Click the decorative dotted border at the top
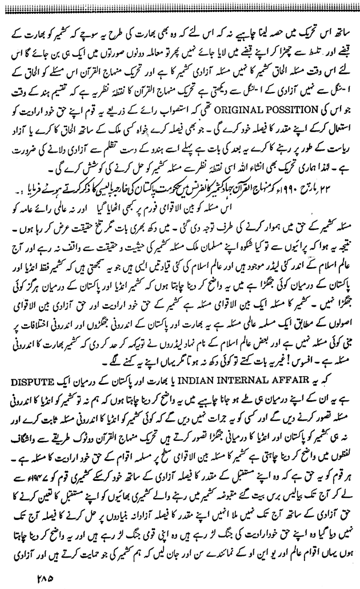tap(180, 5)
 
